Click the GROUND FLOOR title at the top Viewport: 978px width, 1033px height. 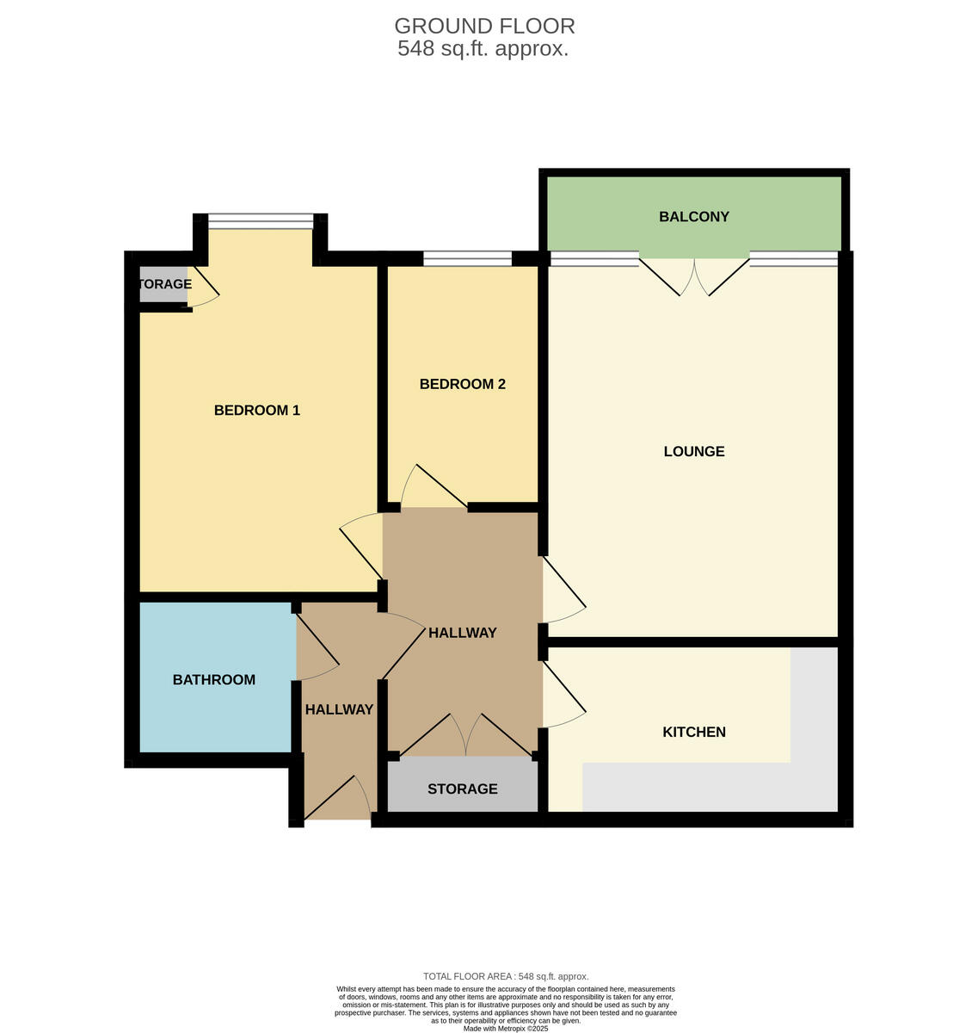point(484,27)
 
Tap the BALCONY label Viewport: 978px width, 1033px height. point(693,217)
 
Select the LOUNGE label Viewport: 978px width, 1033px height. point(693,451)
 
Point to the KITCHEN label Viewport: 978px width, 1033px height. point(693,732)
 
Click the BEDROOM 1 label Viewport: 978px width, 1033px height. point(256,411)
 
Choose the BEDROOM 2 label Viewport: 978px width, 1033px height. point(462,384)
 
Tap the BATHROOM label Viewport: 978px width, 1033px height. point(213,680)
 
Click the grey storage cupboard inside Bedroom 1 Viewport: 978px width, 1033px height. point(163,285)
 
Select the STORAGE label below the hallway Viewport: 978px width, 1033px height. point(462,789)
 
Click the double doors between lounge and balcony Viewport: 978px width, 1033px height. point(694,275)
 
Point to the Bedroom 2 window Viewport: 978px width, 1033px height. point(467,257)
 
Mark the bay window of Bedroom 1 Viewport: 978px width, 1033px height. point(261,221)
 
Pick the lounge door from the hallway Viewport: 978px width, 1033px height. point(563,590)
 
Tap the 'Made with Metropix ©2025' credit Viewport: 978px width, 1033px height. point(506,1028)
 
